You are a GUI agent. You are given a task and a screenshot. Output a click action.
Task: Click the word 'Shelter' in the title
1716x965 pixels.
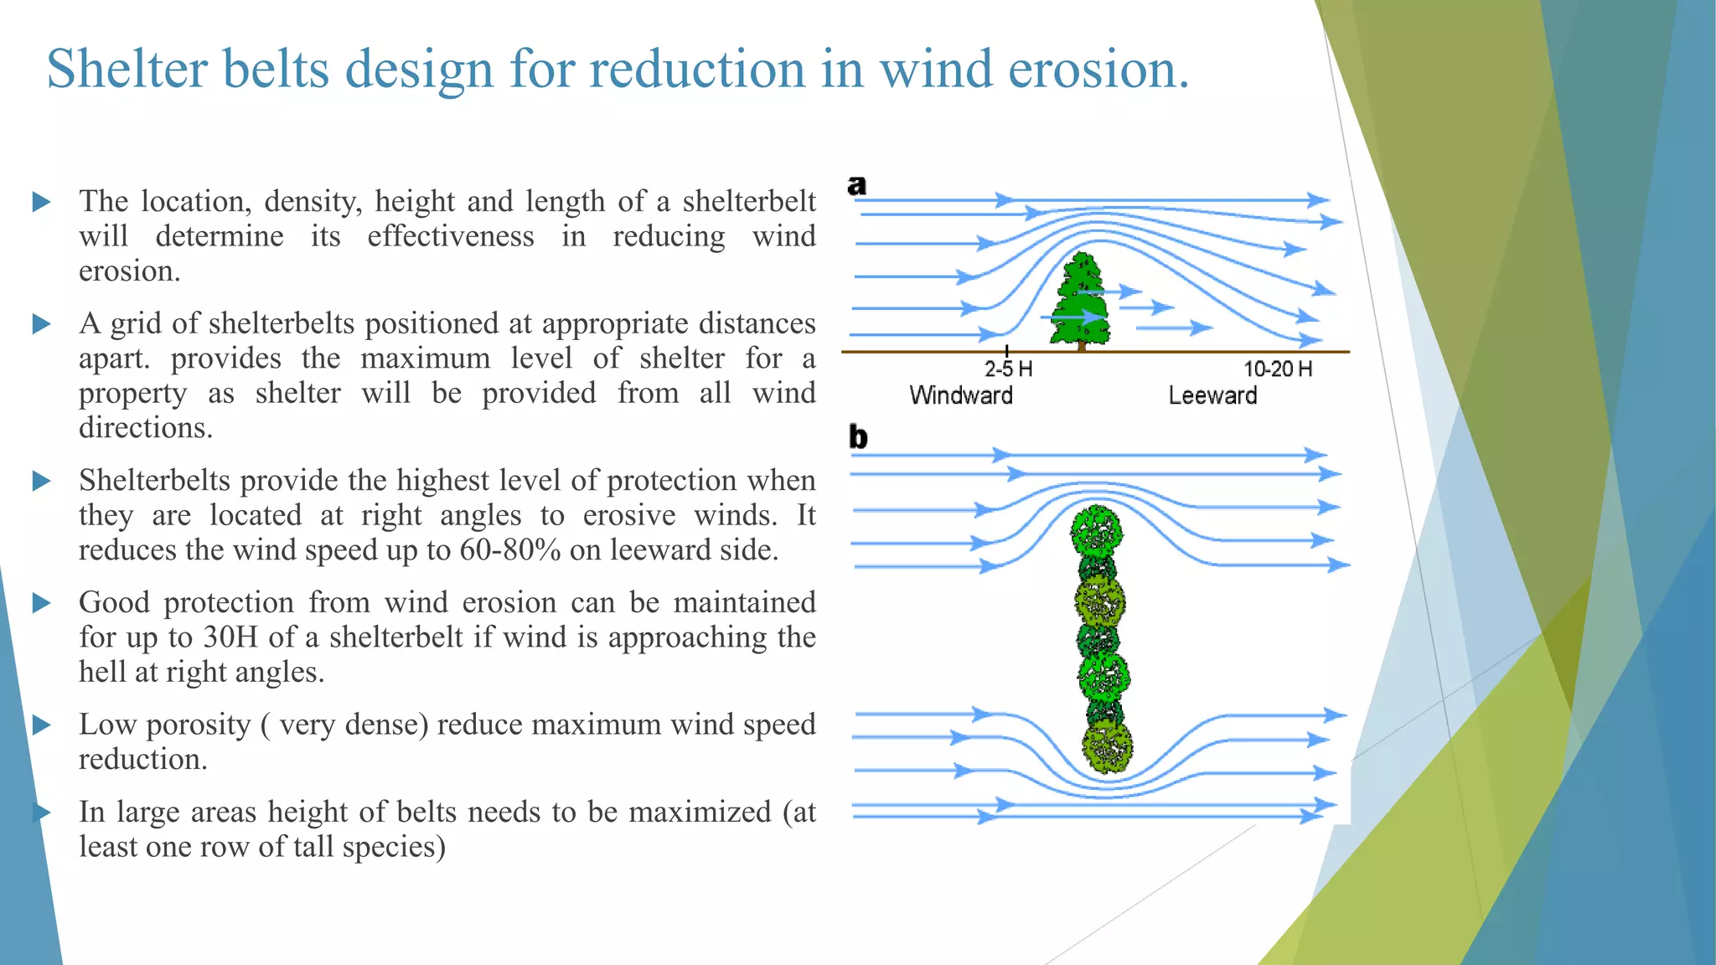point(126,69)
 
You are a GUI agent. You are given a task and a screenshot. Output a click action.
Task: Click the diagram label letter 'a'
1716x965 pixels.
point(856,185)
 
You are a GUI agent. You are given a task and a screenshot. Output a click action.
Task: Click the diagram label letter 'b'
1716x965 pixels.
point(858,436)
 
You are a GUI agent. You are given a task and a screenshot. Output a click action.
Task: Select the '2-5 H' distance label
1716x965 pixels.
point(1008,369)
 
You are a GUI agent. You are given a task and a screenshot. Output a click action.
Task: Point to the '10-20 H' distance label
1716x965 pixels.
point(1277,369)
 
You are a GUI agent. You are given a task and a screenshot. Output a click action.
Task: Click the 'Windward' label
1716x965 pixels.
point(961,395)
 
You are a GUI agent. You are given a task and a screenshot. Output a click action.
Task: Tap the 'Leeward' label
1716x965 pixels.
point(1212,395)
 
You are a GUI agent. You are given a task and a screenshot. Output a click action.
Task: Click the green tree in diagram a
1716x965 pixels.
point(1081,302)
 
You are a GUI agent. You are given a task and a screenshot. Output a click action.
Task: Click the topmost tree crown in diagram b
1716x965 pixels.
point(1097,529)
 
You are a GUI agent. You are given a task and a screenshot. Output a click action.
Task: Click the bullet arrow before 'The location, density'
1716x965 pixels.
point(41,202)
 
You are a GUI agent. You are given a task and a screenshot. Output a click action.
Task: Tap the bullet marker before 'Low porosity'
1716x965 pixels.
point(41,725)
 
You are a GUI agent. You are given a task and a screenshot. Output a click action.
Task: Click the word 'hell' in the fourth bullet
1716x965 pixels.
point(101,672)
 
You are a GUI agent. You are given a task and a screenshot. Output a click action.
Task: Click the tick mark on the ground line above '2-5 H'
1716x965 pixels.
point(1006,350)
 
